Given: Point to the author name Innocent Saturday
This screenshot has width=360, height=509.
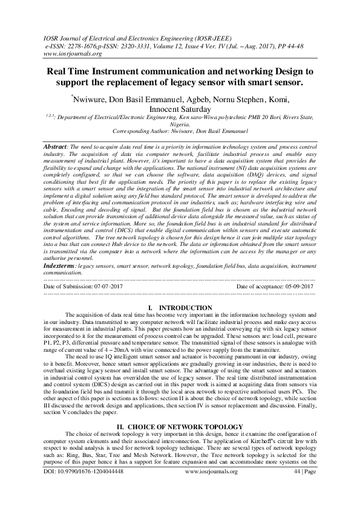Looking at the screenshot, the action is click(180, 109).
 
